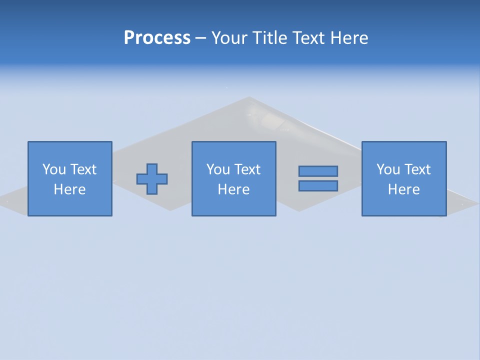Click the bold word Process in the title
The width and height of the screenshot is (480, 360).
157,38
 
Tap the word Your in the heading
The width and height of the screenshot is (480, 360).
230,38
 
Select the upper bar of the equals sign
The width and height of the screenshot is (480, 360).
318,171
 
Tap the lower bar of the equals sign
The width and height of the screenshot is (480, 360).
318,185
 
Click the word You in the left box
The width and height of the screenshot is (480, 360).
53,169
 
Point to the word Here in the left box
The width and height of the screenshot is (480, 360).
70,189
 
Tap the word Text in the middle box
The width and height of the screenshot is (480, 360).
247,169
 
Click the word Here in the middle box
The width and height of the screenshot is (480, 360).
233,189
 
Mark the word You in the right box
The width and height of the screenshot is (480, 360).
387,169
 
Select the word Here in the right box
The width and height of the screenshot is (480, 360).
403,189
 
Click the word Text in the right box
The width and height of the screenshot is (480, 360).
417,169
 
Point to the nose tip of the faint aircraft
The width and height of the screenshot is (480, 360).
249,97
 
